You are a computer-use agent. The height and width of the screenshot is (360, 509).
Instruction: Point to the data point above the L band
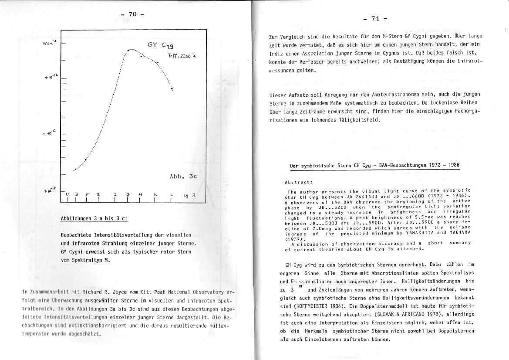click(x=172, y=89)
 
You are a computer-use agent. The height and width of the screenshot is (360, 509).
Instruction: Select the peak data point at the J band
click(x=128, y=51)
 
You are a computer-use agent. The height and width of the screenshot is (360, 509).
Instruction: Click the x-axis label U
click(x=67, y=194)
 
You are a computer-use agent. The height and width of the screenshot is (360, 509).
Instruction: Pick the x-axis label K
click(x=155, y=194)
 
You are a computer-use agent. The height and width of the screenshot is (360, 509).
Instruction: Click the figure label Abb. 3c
click(x=183, y=177)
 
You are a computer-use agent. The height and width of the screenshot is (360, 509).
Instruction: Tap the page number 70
click(x=132, y=14)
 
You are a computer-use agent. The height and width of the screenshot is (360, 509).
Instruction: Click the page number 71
click(x=375, y=18)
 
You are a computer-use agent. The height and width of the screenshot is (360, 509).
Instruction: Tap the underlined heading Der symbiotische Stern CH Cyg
click(x=339, y=166)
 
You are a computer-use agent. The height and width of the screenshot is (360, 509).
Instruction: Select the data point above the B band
click(x=76, y=169)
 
